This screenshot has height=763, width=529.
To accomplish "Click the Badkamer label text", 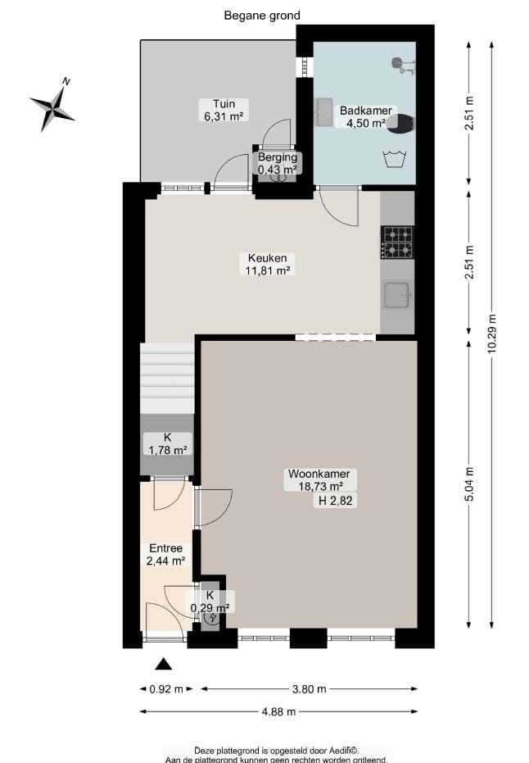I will point(366,116).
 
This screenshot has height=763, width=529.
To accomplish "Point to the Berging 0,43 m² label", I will point(278,163).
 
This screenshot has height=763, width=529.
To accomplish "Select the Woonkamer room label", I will point(319,479).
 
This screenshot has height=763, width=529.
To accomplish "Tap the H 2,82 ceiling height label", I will point(335,501).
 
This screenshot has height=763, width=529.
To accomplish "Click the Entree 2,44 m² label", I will point(166,554).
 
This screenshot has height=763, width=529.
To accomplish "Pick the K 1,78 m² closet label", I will point(167,443).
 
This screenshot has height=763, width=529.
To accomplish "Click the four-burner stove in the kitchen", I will point(398,242).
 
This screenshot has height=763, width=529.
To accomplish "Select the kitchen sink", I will point(398,294).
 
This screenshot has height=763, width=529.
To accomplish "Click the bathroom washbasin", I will point(324,113).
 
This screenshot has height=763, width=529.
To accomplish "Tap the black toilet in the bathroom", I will point(402,124).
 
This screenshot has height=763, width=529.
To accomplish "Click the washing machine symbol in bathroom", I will point(395,158).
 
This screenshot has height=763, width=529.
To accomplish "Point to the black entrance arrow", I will point(165,664).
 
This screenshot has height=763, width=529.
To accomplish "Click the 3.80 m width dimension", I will point(310,689).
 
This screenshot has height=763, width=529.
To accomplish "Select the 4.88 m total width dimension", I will point(278,712).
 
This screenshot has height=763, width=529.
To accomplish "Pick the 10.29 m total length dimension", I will point(491,333).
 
